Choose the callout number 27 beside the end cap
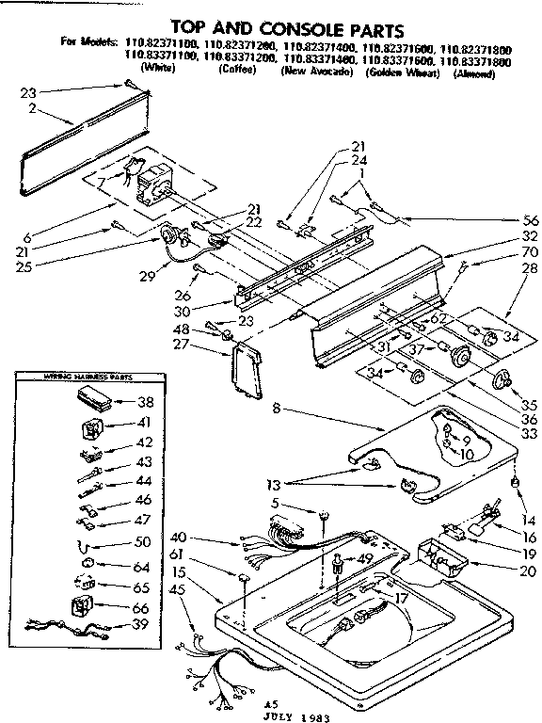click(207, 345)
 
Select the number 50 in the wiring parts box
click(144, 543)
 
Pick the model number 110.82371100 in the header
click(162, 44)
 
